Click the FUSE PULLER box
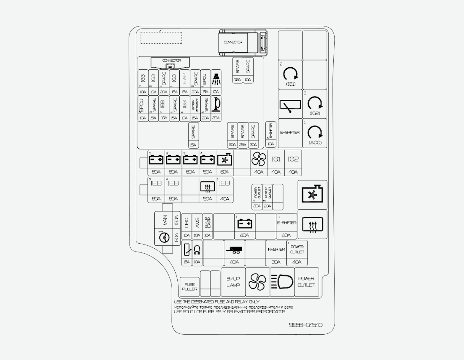(x=190, y=287)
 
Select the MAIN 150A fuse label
(x=165, y=220)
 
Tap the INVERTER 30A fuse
(x=276, y=253)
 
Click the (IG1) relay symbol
(x=290, y=75)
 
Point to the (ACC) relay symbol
(x=315, y=133)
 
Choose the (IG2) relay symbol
(x=315, y=104)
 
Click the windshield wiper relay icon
(x=290, y=104)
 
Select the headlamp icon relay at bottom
(x=282, y=282)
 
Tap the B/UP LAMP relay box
(x=233, y=282)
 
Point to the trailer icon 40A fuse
(x=234, y=253)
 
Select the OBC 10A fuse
(x=186, y=226)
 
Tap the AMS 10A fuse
(x=197, y=226)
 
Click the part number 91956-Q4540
(x=306, y=325)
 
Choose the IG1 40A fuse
(x=276, y=163)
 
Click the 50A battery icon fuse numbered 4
(x=207, y=163)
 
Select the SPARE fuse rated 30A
(x=253, y=135)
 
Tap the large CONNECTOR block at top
(x=239, y=42)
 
